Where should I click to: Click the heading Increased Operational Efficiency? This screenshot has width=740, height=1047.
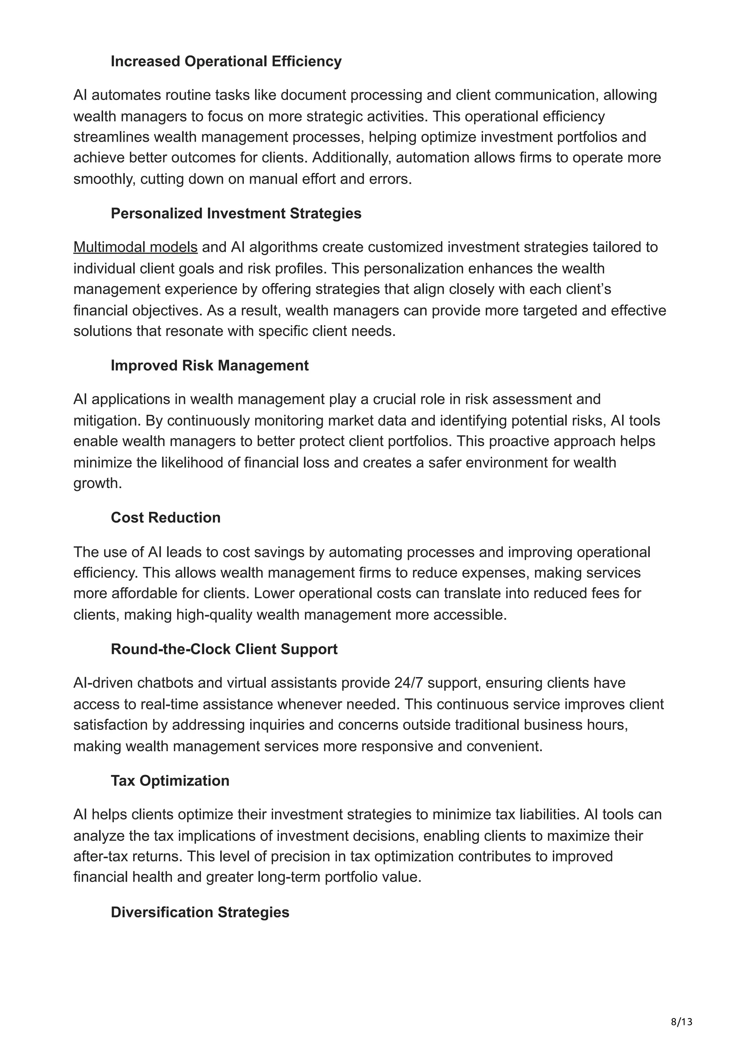pyautogui.click(x=226, y=61)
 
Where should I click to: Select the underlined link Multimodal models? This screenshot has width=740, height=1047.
pyautogui.click(x=135, y=247)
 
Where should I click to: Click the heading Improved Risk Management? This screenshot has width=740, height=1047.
pyautogui.click(x=209, y=365)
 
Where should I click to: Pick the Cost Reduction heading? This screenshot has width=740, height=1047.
pyautogui.click(x=165, y=518)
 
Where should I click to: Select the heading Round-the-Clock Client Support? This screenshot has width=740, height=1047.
pyautogui.click(x=224, y=649)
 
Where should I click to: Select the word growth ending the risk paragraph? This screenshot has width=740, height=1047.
pyautogui.click(x=97, y=483)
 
